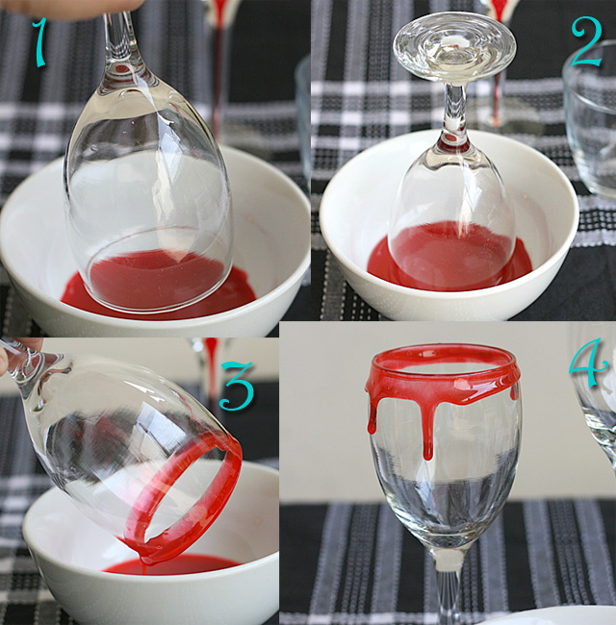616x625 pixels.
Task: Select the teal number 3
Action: pyautogui.click(x=237, y=386)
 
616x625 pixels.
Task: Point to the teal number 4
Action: pyautogui.click(x=589, y=362)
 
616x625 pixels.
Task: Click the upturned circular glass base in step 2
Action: pyautogui.click(x=454, y=48)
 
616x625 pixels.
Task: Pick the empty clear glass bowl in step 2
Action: pyautogui.click(x=590, y=119)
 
